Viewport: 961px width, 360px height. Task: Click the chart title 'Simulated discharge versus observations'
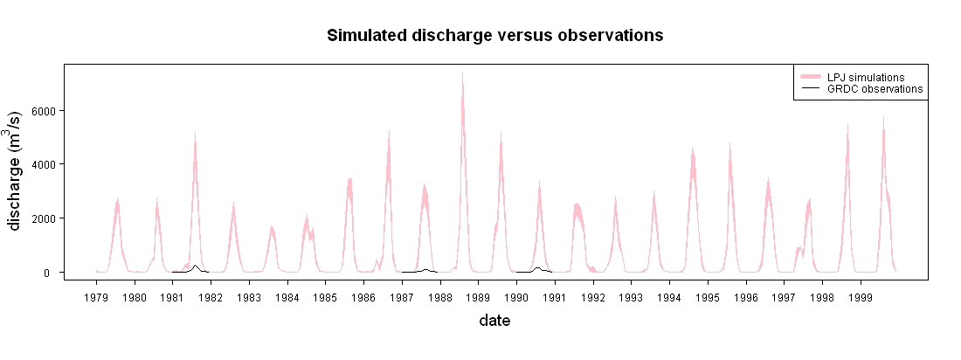coord(494,36)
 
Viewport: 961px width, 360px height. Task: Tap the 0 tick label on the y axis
coord(54,273)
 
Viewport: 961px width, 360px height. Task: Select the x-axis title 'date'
coord(494,320)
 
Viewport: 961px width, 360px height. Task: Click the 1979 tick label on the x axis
coord(96,298)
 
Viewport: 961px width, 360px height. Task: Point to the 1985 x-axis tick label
coord(326,298)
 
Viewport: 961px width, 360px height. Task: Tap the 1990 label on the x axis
coord(516,298)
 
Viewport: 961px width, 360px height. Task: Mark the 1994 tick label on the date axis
coord(670,298)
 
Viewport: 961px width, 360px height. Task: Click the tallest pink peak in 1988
coord(463,73)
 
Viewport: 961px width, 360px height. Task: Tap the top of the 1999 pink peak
coord(883,117)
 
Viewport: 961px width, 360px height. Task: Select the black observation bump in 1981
coord(195,267)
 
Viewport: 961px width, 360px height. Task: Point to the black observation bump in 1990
coord(537,268)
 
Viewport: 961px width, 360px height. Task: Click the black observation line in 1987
coord(420,271)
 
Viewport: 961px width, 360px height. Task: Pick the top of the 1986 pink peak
coord(389,130)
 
